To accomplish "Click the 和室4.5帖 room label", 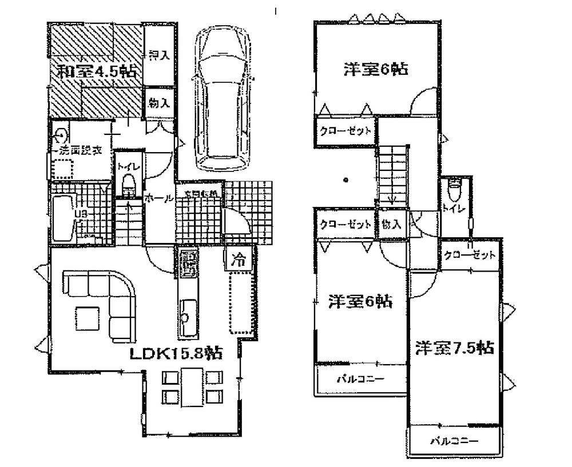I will pyautogui.click(x=97, y=73).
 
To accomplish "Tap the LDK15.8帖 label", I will pyautogui.click(x=176, y=353).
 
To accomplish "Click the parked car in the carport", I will pyautogui.click(x=222, y=100).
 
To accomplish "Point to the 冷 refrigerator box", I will pyautogui.click(x=240, y=261).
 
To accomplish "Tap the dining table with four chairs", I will pyautogui.click(x=192, y=387).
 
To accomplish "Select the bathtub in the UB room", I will pyautogui.click(x=61, y=218).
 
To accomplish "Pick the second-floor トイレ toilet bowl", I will pyautogui.click(x=455, y=187).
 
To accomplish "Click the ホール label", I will pyautogui.click(x=158, y=198).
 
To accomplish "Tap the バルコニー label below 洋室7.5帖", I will pyautogui.click(x=454, y=441).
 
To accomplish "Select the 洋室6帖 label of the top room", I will pyautogui.click(x=375, y=69).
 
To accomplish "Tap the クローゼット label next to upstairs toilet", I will pyautogui.click(x=468, y=255).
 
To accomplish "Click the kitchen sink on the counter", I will pyautogui.click(x=187, y=316).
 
